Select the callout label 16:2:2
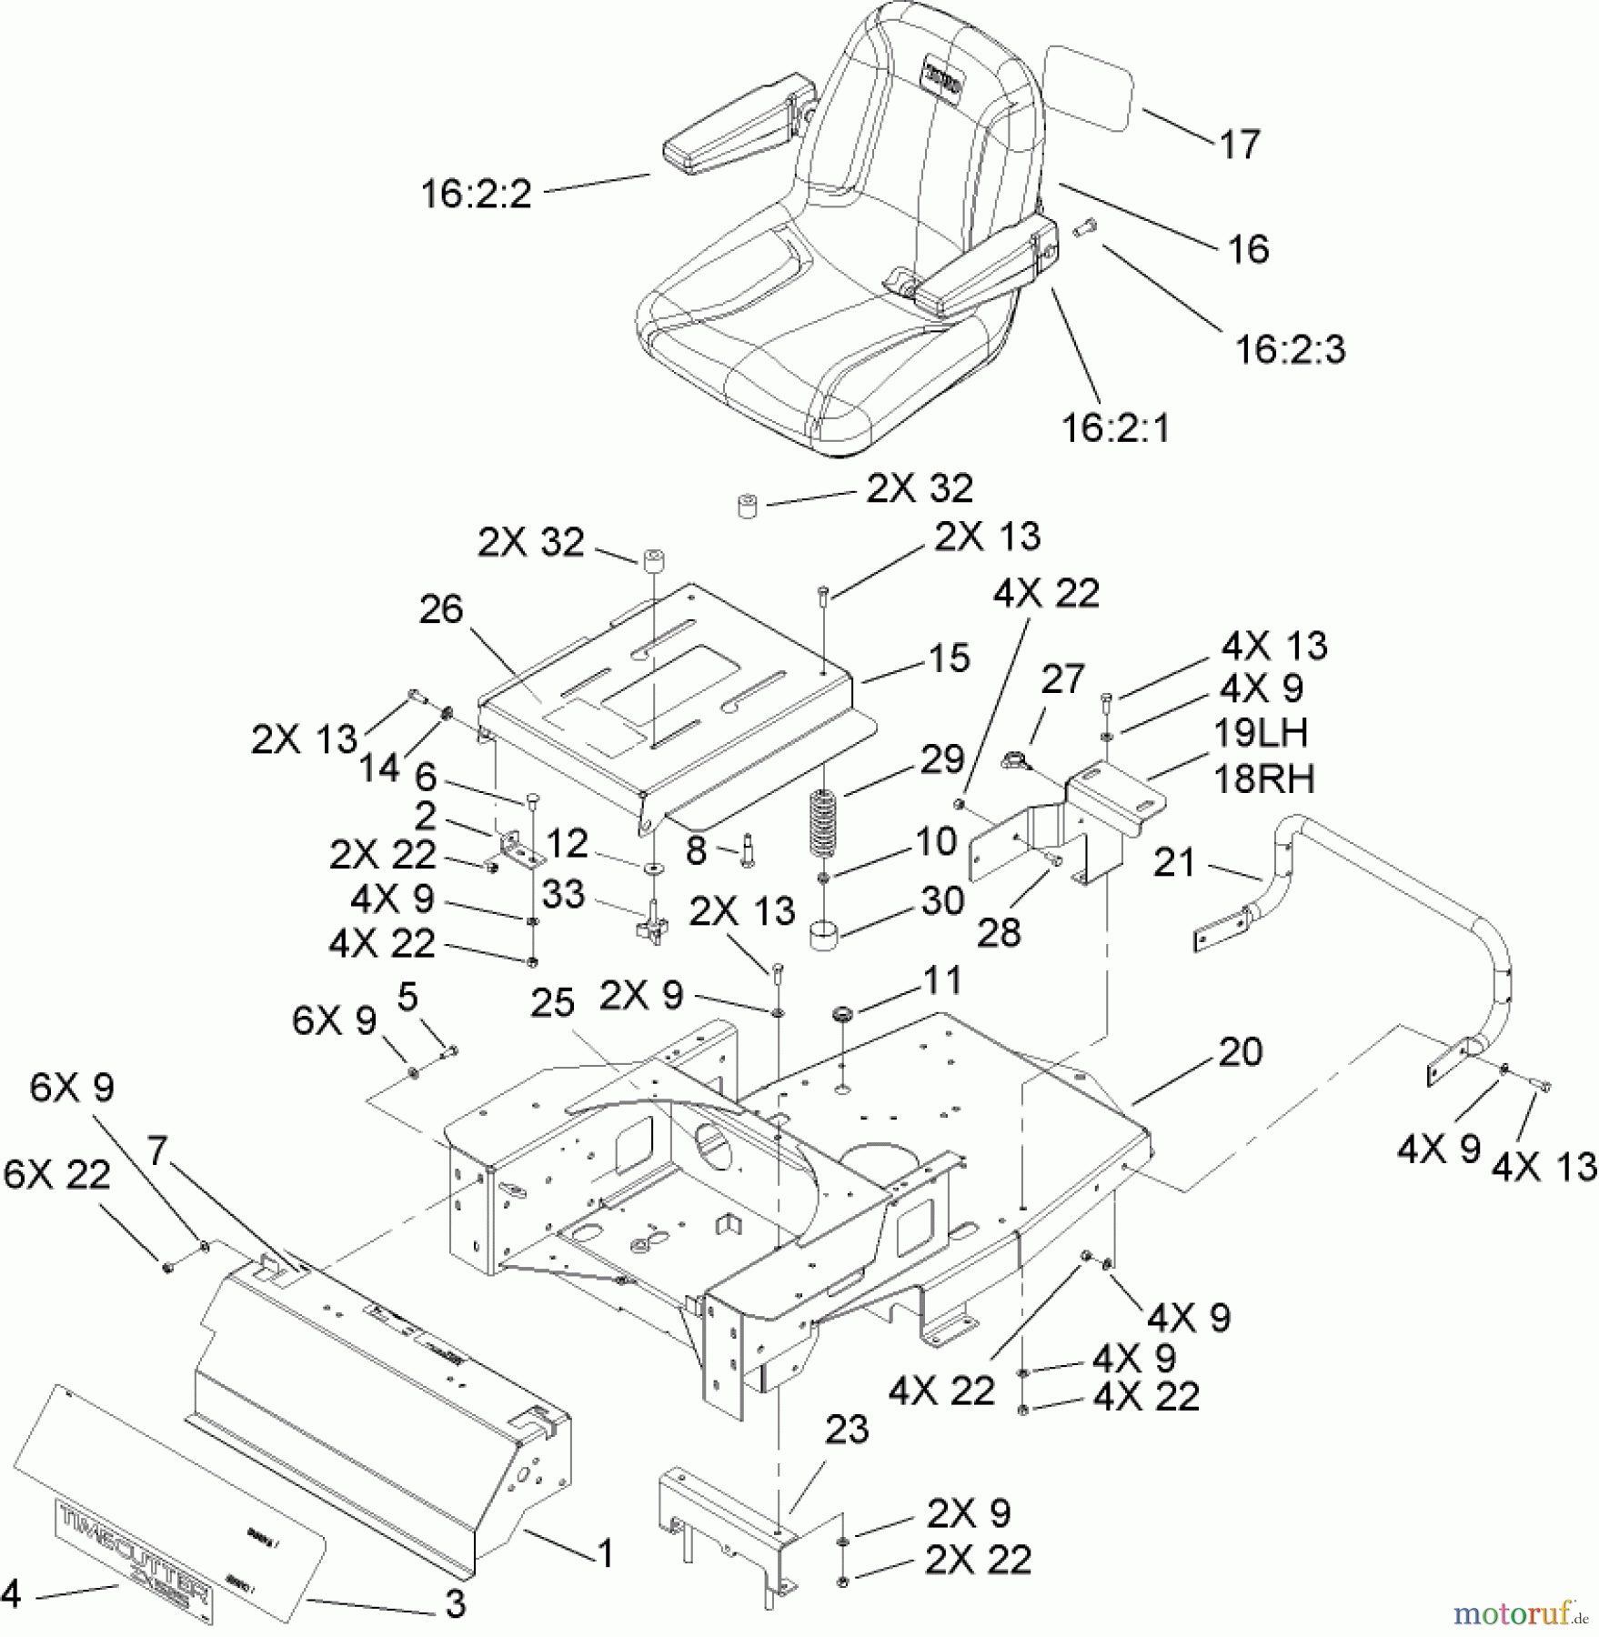point(476,195)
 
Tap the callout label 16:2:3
point(1290,350)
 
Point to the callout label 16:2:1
point(1116,427)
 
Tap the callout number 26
point(441,610)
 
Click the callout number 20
point(1240,1052)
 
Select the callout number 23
point(847,1431)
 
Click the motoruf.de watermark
point(1520,1614)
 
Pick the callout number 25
point(553,1003)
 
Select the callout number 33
point(563,894)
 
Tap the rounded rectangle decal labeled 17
point(1090,89)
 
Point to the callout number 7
point(157,1151)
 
